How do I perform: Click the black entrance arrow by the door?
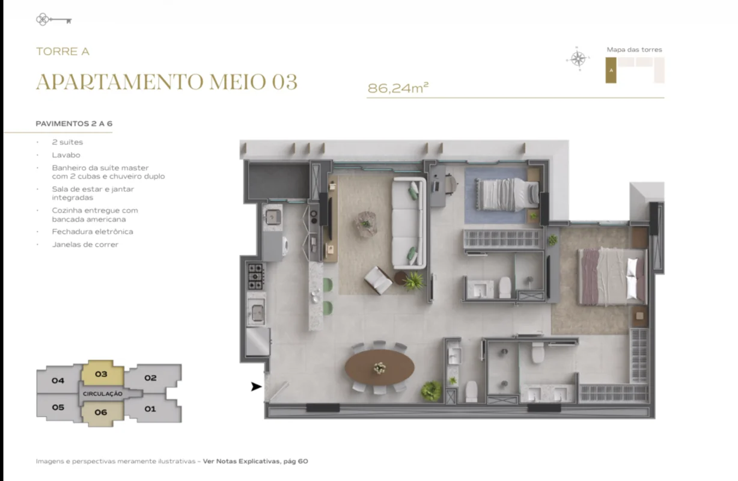pyautogui.click(x=257, y=387)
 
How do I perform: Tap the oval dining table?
pyautogui.click(x=380, y=367)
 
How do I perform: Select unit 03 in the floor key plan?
pyautogui.click(x=102, y=373)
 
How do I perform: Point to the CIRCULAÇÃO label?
pyautogui.click(x=102, y=394)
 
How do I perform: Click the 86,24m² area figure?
pyautogui.click(x=398, y=88)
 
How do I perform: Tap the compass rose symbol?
pyautogui.click(x=578, y=59)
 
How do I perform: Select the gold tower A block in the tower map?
pyautogui.click(x=611, y=70)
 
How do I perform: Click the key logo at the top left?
pyautogui.click(x=53, y=19)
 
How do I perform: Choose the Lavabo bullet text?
pyautogui.click(x=66, y=155)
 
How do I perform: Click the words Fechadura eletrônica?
pyautogui.click(x=93, y=231)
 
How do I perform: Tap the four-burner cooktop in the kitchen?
pyautogui.click(x=255, y=276)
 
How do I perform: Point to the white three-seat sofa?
pyautogui.click(x=409, y=223)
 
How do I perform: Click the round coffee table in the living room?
pyautogui.click(x=367, y=223)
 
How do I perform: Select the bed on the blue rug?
pyautogui.click(x=507, y=195)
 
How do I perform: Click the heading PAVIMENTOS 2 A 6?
pyautogui.click(x=74, y=124)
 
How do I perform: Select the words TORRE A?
pyautogui.click(x=63, y=52)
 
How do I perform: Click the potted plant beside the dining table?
pyautogui.click(x=431, y=391)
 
